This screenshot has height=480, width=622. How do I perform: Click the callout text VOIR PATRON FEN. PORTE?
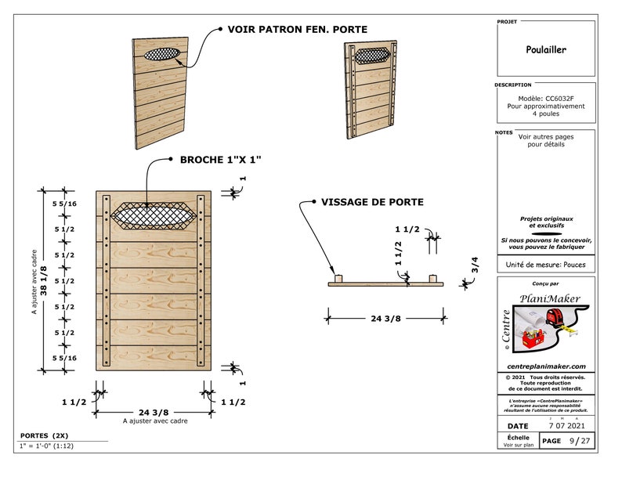pyautogui.click(x=297, y=30)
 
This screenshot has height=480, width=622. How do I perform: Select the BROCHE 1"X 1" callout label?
pyautogui.click(x=220, y=160)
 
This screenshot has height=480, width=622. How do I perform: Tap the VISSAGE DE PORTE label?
pyautogui.click(x=372, y=202)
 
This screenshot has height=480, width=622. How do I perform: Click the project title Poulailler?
pyautogui.click(x=546, y=49)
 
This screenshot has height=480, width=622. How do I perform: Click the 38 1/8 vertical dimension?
pyautogui.click(x=44, y=280)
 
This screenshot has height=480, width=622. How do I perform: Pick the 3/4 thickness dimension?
pyautogui.click(x=475, y=265)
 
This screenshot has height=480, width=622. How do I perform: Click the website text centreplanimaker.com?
pyautogui.click(x=546, y=366)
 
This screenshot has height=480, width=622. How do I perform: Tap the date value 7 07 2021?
pyautogui.click(x=566, y=424)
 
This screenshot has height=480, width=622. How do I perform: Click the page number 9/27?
pyautogui.click(x=580, y=441)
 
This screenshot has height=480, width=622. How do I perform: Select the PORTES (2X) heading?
pyautogui.click(x=45, y=435)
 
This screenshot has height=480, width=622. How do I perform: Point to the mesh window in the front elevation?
pyautogui.click(x=154, y=213)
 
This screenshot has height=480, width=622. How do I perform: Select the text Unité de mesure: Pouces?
pyautogui.click(x=546, y=265)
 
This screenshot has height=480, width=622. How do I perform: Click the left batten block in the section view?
pyautogui.click(x=338, y=279)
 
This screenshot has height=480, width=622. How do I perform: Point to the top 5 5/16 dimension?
pyautogui.click(x=64, y=204)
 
